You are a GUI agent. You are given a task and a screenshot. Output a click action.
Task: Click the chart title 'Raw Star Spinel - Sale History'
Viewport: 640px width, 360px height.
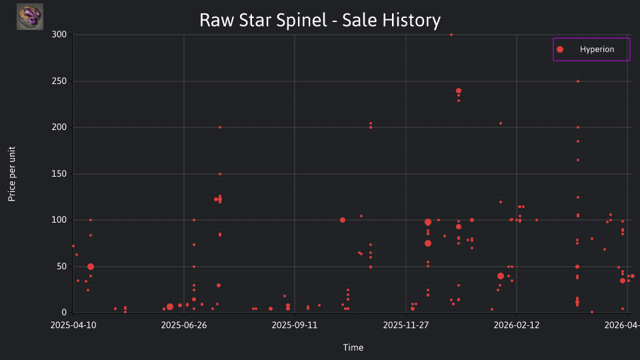(320, 20)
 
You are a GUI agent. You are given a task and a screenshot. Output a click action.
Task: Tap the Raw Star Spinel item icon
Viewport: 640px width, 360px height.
(30, 17)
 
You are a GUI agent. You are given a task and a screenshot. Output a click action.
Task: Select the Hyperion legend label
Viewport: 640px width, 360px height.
(597, 49)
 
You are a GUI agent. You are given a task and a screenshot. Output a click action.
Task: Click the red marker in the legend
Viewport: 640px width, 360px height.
(560, 49)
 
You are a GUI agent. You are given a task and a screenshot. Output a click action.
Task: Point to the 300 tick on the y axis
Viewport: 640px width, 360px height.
(59, 35)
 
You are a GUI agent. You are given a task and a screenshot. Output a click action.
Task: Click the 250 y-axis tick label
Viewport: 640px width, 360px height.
(59, 81)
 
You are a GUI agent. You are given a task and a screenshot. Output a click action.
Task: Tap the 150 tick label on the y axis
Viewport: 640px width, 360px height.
(59, 174)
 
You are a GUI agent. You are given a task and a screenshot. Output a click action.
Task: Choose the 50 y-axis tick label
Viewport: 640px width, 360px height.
(61, 267)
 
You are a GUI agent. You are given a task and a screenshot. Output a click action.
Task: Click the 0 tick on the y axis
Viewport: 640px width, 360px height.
(64, 313)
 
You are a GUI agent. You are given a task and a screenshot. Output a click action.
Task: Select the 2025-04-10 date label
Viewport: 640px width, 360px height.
(73, 325)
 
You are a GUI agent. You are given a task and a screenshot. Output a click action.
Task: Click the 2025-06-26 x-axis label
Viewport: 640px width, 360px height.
(184, 325)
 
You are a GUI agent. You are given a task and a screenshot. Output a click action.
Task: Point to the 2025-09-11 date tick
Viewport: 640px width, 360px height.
(295, 325)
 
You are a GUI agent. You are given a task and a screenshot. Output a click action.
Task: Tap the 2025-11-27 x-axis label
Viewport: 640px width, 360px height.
(406, 325)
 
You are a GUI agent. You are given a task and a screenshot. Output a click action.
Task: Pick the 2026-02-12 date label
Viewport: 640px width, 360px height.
(516, 325)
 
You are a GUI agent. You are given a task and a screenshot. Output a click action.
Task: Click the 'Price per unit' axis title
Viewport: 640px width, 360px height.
(12, 174)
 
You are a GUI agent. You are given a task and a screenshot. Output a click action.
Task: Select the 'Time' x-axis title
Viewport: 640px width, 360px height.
(353, 347)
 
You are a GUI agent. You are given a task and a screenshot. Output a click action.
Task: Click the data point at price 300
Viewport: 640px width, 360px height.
(451, 35)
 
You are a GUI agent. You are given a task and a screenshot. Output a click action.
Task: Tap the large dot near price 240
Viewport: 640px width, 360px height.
(459, 91)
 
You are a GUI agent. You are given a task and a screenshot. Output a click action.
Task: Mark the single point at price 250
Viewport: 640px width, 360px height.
(578, 81)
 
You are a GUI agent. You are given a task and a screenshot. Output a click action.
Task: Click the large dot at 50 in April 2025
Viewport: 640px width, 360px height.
(91, 267)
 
